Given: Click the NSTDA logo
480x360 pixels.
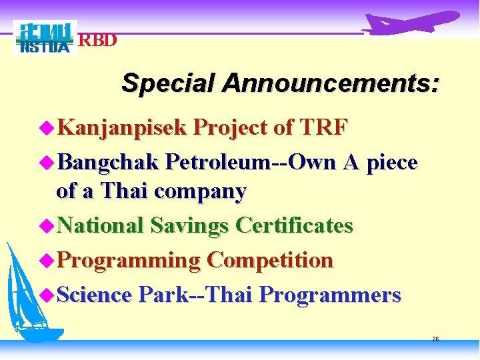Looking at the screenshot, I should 44,38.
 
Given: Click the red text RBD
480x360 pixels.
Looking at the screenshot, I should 98,41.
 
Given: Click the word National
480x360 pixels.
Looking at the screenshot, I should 101,225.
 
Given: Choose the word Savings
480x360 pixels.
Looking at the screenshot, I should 190,226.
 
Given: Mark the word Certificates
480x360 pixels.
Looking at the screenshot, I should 294,225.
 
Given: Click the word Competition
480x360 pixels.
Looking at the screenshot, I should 269,260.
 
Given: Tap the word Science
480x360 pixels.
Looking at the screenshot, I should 95,294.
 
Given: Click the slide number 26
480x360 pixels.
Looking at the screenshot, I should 435,339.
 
